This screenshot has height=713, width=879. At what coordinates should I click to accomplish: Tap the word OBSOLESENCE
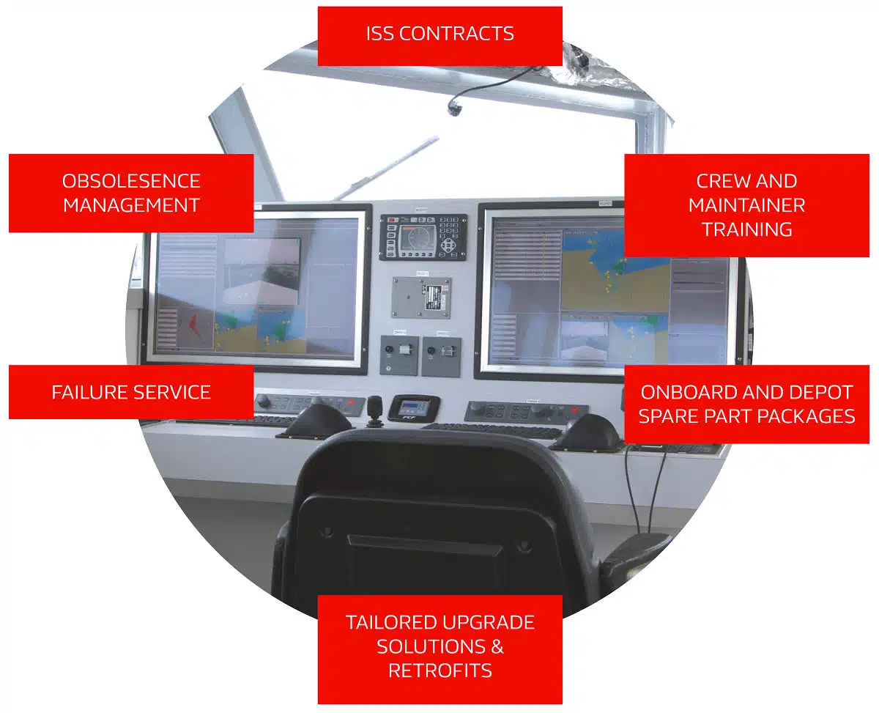click(x=131, y=181)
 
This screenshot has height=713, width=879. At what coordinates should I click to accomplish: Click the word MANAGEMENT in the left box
click(x=131, y=205)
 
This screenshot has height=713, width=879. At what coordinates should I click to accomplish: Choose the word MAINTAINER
click(x=746, y=205)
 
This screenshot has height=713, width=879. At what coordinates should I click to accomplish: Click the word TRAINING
click(x=746, y=229)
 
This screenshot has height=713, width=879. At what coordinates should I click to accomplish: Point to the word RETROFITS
click(x=439, y=670)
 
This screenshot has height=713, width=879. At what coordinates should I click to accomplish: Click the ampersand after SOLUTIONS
click(x=497, y=647)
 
